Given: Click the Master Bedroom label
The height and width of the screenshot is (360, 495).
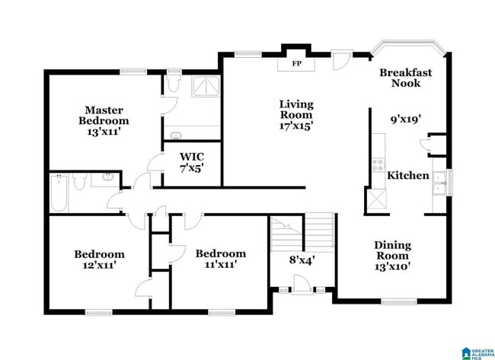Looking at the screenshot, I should click(104, 115).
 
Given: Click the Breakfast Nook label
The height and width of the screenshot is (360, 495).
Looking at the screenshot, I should click(406, 78).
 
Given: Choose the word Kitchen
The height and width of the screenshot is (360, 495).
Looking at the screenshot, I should click(408, 176).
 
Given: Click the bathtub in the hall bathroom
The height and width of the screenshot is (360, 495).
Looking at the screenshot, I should click(59, 193).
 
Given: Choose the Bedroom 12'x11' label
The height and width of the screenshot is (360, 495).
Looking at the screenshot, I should click(99, 260).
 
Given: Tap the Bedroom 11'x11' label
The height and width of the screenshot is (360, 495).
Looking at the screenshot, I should click(220, 259).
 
